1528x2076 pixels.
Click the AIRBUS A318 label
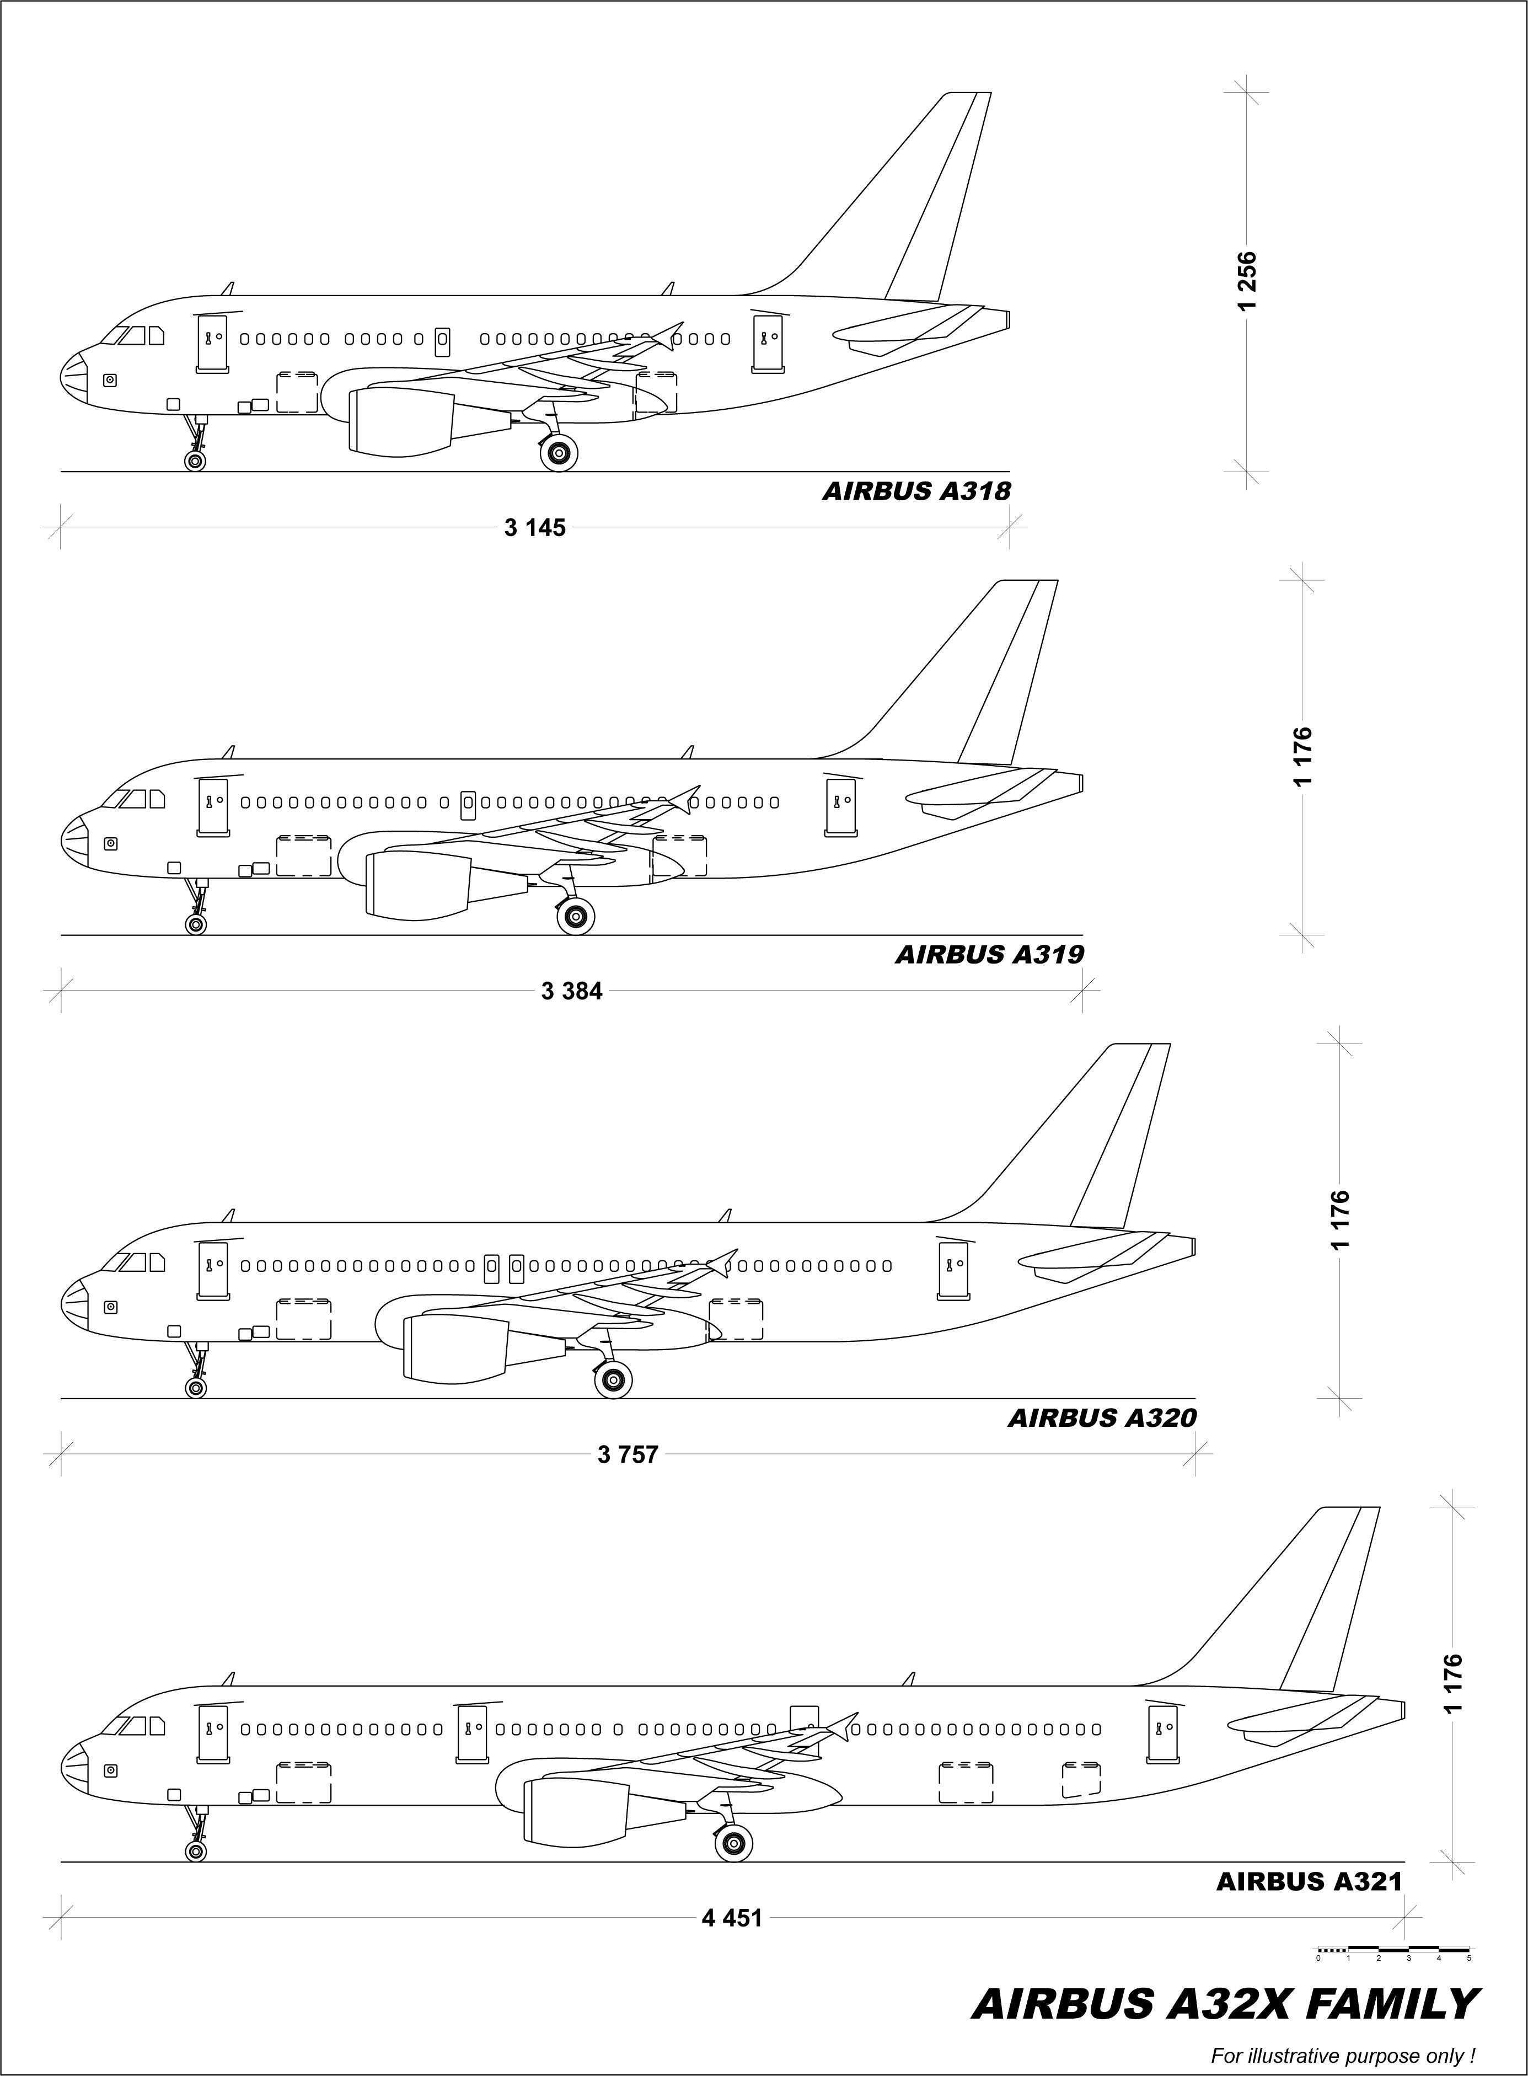pyautogui.click(x=916, y=491)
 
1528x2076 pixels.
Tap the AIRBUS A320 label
pyautogui.click(x=1102, y=1418)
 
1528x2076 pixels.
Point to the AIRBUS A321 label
pyautogui.click(x=1309, y=1882)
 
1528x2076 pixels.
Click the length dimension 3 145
pyautogui.click(x=535, y=528)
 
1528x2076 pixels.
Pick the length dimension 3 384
pyautogui.click(x=572, y=992)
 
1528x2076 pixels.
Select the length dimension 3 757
pyautogui.click(x=628, y=1455)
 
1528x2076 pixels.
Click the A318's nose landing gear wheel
pyautogui.click(x=195, y=461)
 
